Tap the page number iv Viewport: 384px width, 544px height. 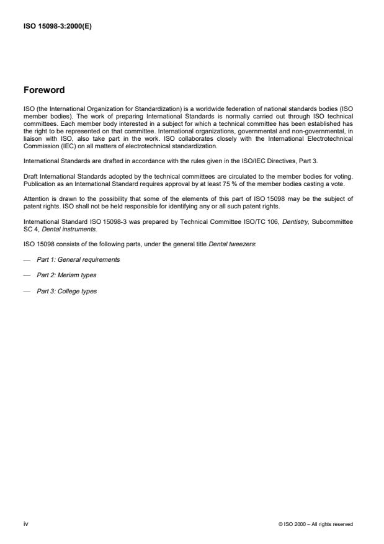click(25, 524)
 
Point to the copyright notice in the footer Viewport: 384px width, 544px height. click(316, 525)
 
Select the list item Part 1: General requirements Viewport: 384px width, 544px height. click(78, 259)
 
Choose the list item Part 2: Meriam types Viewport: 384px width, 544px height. click(66, 275)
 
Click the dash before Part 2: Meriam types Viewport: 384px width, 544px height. click(27, 275)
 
